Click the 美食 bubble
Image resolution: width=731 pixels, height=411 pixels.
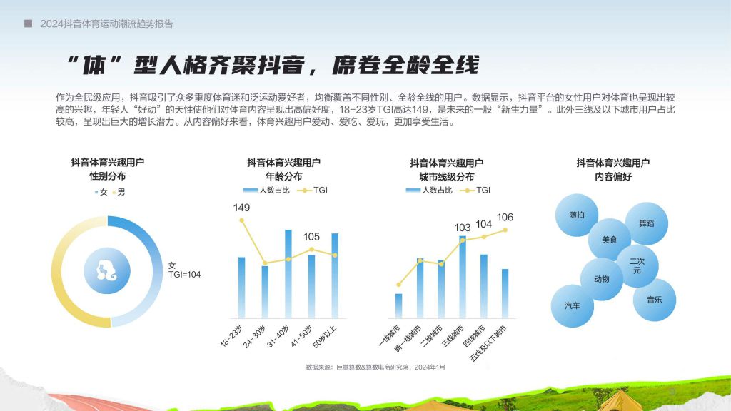click(x=610, y=240)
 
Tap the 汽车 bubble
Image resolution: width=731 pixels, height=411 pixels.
click(x=573, y=305)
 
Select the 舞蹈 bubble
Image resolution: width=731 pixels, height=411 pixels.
click(x=647, y=223)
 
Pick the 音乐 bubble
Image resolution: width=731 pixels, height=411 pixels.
click(x=655, y=300)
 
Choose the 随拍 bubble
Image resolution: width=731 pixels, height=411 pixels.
click(x=577, y=215)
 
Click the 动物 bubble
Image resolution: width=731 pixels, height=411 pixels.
click(x=602, y=279)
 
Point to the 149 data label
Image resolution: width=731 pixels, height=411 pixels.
click(x=241, y=208)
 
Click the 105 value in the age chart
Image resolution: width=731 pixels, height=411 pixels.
click(x=311, y=237)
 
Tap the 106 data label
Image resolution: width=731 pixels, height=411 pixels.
click(x=505, y=217)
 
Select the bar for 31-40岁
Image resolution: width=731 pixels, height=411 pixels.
click(x=288, y=274)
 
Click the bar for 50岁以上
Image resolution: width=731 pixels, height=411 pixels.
click(x=335, y=276)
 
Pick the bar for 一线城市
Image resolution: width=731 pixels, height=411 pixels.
click(x=398, y=305)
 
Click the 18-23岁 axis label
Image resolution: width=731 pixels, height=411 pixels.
click(x=231, y=337)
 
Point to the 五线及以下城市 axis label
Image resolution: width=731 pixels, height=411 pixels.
click(x=488, y=344)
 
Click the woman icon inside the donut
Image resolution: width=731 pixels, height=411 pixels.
click(x=107, y=270)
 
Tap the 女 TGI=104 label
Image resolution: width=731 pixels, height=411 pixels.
click(x=184, y=270)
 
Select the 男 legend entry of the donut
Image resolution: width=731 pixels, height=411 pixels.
click(x=119, y=192)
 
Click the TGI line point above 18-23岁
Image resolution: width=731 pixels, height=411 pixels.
click(x=241, y=220)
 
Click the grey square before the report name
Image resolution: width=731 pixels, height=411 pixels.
click(x=29, y=24)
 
